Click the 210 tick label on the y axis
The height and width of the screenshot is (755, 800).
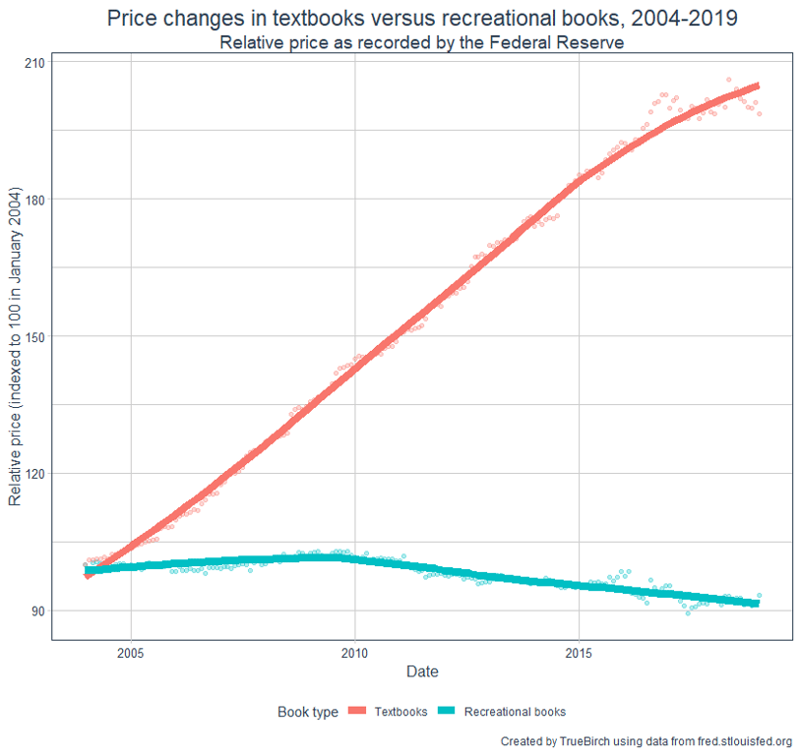(34, 62)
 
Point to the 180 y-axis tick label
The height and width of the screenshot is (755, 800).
(34, 200)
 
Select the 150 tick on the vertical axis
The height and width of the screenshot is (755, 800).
(34, 336)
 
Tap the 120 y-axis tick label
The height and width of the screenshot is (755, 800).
(34, 473)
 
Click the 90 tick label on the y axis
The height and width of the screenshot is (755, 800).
(37, 610)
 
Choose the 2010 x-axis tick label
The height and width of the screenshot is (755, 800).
(354, 653)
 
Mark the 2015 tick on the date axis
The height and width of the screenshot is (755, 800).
(580, 653)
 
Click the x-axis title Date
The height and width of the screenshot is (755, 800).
(422, 672)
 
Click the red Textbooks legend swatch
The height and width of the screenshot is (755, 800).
(359, 712)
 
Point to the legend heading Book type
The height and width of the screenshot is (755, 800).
(308, 712)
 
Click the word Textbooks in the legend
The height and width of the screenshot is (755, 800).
(401, 712)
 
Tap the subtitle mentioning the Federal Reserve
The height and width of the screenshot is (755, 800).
(422, 43)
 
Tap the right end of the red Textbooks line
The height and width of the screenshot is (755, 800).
(758, 87)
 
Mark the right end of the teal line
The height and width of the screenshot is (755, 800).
(758, 603)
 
